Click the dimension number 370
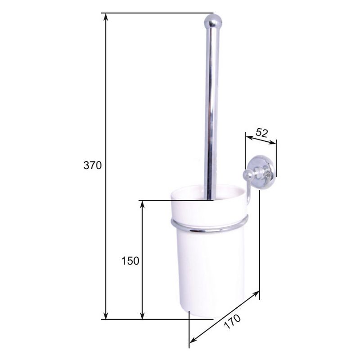coord(93,165)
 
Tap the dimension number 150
coord(130,261)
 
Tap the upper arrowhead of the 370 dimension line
coord(106,16)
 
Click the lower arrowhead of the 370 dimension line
coord(106,316)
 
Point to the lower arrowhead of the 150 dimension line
coord(142,316)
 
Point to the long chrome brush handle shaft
coord(210,112)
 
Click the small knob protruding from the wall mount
coord(247,175)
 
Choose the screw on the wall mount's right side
coord(269,170)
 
